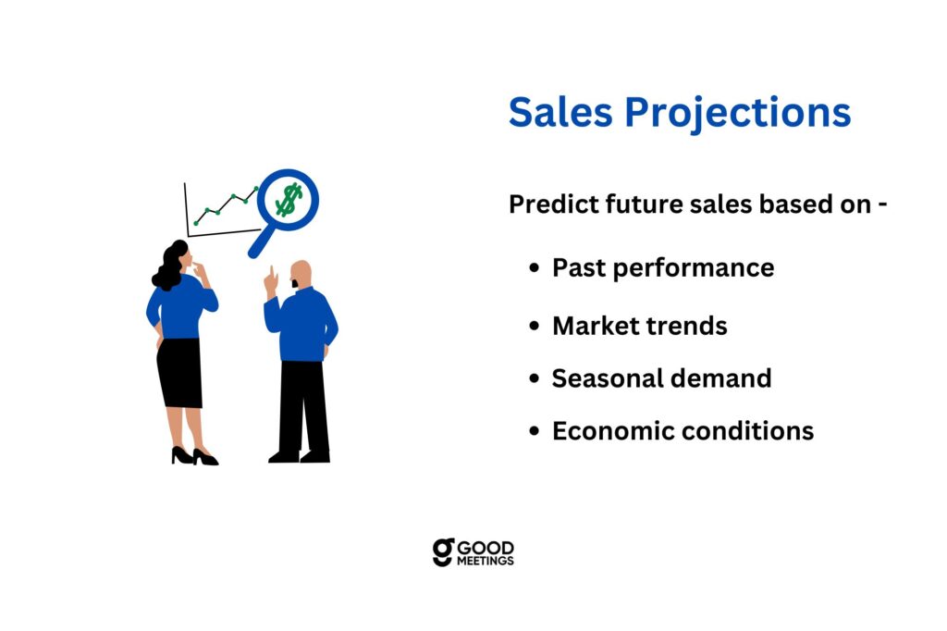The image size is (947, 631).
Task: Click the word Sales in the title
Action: (560, 113)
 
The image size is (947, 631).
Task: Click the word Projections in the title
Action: (737, 114)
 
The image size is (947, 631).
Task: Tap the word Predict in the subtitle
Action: (553, 204)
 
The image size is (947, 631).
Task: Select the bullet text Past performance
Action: (663, 267)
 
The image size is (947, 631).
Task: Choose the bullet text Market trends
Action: (640, 326)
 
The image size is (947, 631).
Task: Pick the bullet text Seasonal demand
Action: (661, 378)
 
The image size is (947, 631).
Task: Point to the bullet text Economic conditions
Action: (683, 431)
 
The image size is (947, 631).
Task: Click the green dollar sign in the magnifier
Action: (289, 200)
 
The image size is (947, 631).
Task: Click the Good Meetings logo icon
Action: (443, 552)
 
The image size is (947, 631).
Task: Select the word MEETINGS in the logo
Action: (485, 561)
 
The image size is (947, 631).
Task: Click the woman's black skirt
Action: (179, 372)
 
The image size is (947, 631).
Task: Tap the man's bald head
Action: (301, 271)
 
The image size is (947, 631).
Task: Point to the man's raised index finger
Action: (272, 271)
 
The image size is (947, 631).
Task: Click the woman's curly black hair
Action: (170, 266)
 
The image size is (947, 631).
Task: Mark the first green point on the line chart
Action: (196, 224)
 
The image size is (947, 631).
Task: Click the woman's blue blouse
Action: (180, 306)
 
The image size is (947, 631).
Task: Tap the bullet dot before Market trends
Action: (534, 326)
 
